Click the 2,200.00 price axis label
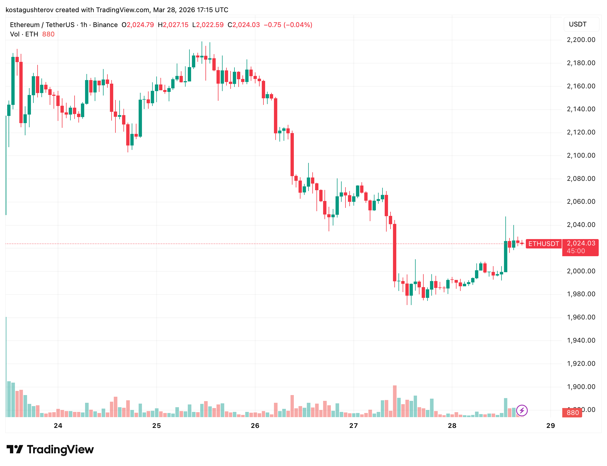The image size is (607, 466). click(x=581, y=40)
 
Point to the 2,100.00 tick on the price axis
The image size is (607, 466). click(x=581, y=155)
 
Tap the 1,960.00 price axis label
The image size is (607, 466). click(x=581, y=317)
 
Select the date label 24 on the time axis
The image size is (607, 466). click(x=58, y=425)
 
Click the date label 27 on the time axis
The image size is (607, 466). click(x=353, y=425)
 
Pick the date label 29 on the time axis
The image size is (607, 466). click(x=550, y=425)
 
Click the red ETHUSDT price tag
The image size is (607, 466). click(x=543, y=243)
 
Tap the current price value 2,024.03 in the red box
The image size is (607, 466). click(x=581, y=243)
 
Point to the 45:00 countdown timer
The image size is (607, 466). click(x=576, y=251)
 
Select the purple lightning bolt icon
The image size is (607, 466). click(x=522, y=410)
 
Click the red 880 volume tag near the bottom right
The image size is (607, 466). click(x=572, y=413)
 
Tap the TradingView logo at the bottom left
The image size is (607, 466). click(x=50, y=449)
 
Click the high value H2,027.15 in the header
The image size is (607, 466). click(x=173, y=25)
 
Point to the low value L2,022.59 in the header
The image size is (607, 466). click(x=208, y=25)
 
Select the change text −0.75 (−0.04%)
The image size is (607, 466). click(x=288, y=25)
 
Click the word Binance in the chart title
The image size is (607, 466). click(x=105, y=25)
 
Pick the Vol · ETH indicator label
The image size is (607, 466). click(x=24, y=34)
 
